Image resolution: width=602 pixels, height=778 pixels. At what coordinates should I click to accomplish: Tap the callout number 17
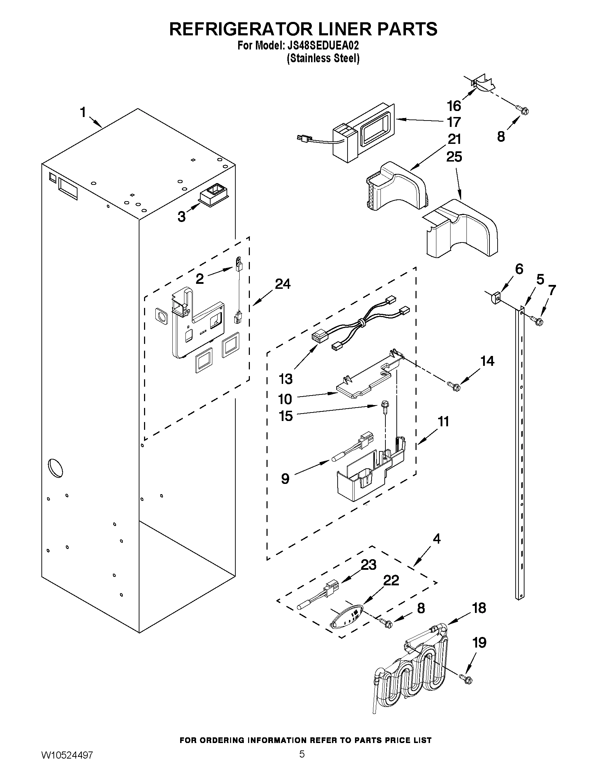point(454,122)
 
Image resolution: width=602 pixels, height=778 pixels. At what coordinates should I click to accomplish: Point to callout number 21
point(454,139)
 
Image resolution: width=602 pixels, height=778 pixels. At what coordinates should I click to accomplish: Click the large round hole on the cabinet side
point(56,468)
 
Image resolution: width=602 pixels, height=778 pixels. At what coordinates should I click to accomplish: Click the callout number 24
point(282,284)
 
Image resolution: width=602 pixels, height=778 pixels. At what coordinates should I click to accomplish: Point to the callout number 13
point(286,379)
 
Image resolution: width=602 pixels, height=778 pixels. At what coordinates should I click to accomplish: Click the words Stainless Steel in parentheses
point(323,58)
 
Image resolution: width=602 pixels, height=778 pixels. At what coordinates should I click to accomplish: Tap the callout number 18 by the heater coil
point(479,608)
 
